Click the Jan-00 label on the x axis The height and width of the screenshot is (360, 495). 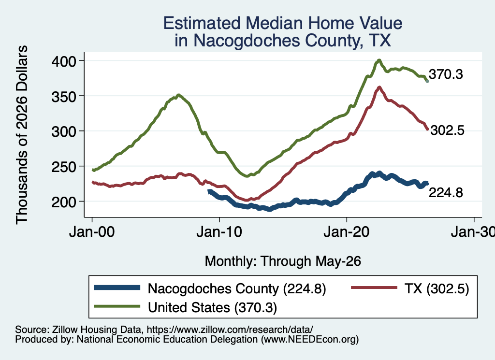point(92,232)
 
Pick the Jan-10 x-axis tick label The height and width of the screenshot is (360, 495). point(219,232)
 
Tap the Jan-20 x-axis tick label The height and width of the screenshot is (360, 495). point(346,232)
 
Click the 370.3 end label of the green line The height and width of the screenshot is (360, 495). point(446,74)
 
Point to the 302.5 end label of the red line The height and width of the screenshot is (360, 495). point(447,130)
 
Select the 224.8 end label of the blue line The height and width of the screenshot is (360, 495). point(446,192)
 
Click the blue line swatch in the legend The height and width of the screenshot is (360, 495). point(117,288)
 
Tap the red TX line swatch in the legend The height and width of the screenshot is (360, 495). point(374,288)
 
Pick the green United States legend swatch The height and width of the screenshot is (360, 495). point(117,306)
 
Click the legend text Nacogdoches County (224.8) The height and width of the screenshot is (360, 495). point(237,288)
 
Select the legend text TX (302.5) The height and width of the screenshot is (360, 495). point(437,288)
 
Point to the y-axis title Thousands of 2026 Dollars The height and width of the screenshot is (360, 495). point(22,135)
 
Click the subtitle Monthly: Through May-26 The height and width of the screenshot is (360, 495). point(283,261)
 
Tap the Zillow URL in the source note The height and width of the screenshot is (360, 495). point(230,330)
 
